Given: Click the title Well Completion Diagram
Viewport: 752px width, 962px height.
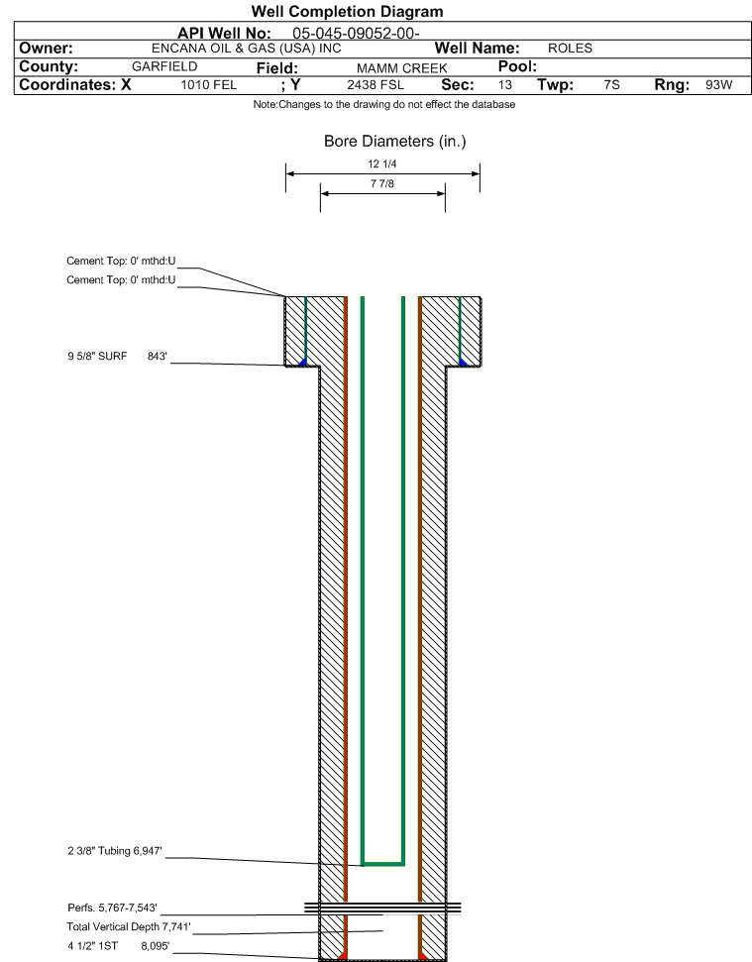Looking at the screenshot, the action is click(347, 12).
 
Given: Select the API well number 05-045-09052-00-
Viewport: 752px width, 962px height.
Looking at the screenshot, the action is click(356, 33).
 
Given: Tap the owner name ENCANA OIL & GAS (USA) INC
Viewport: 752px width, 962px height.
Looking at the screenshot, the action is click(247, 49).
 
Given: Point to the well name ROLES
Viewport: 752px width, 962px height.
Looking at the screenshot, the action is click(570, 49).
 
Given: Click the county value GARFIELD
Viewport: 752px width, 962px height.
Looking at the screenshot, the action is click(164, 66).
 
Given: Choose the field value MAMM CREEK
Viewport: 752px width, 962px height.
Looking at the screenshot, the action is click(402, 68).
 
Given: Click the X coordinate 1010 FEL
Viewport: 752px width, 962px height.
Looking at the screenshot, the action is click(208, 84).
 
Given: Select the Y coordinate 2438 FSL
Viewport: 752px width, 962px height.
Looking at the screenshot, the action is click(376, 84).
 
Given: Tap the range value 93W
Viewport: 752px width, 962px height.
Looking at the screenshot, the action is click(719, 84).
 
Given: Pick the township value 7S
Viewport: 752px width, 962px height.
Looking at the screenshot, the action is click(611, 84).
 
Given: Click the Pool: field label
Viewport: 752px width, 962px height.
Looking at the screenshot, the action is click(517, 66).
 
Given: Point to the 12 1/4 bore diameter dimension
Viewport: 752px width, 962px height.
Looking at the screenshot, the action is click(382, 163).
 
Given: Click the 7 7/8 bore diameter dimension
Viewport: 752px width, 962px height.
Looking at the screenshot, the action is click(382, 183).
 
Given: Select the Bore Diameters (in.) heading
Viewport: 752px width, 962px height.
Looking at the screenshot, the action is click(395, 141).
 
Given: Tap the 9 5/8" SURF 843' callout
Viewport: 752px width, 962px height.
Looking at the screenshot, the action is click(117, 357).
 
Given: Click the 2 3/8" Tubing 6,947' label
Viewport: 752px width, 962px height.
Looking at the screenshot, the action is click(115, 851).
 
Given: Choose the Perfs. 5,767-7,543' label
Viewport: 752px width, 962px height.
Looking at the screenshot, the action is click(112, 908).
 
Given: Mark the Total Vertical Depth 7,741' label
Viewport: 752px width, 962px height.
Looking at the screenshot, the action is click(129, 926).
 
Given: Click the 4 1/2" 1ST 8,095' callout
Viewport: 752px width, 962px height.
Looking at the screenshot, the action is click(118, 946).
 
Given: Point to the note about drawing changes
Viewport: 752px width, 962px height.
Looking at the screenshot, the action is click(384, 104).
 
